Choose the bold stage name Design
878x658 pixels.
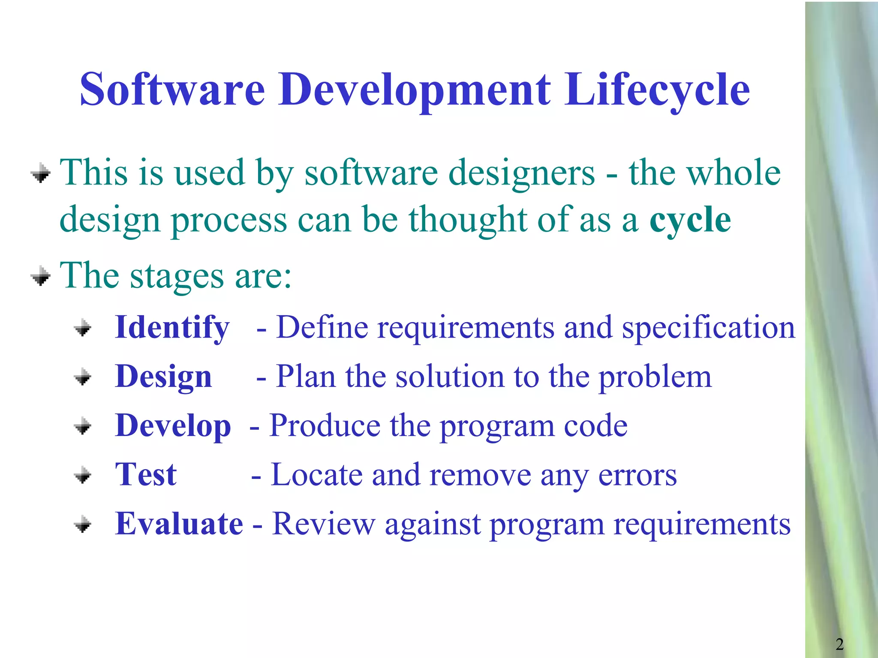[163, 377]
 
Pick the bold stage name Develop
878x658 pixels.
[173, 426]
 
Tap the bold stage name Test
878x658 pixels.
[146, 475]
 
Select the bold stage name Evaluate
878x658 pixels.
[179, 523]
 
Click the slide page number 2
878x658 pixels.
[839, 644]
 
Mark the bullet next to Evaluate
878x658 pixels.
[83, 524]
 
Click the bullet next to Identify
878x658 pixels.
[83, 329]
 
